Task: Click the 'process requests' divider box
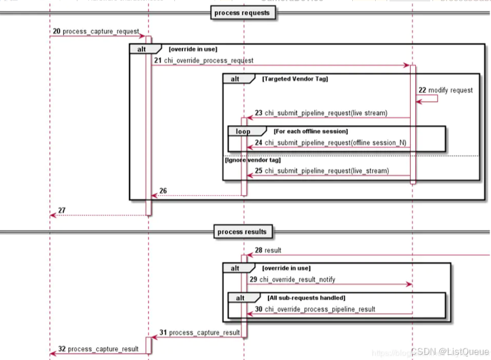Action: [241, 13]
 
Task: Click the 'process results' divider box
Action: [242, 232]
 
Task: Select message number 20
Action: [56, 30]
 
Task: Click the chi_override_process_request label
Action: [209, 60]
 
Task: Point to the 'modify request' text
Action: [450, 90]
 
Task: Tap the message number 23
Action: [259, 113]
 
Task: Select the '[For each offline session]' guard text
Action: [311, 131]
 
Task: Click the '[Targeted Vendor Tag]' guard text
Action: [295, 79]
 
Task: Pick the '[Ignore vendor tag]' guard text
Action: [252, 160]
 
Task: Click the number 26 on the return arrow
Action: [163, 191]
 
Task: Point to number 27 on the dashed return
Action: [62, 211]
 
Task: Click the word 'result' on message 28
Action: [272, 250]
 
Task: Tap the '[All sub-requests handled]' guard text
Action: [306, 298]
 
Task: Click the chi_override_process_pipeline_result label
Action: [319, 309]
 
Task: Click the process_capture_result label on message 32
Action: [103, 349]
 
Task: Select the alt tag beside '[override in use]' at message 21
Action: [141, 49]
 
